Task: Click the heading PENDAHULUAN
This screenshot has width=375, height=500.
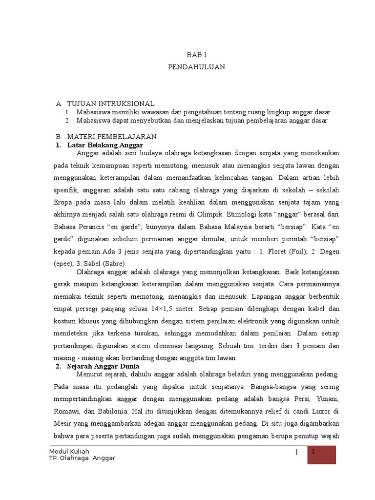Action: (x=197, y=67)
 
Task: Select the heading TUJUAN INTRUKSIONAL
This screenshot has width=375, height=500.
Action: (x=110, y=104)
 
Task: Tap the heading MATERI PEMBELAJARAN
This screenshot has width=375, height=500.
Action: (x=111, y=136)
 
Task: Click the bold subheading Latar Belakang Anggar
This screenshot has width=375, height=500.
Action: (x=105, y=145)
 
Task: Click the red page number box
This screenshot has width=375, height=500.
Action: (x=322, y=455)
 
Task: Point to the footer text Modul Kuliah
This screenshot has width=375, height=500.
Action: (x=69, y=451)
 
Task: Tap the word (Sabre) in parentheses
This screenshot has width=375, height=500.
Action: (x=112, y=263)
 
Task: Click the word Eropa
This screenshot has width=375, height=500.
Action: (x=62, y=202)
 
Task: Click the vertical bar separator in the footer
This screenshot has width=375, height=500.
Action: (x=296, y=452)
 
